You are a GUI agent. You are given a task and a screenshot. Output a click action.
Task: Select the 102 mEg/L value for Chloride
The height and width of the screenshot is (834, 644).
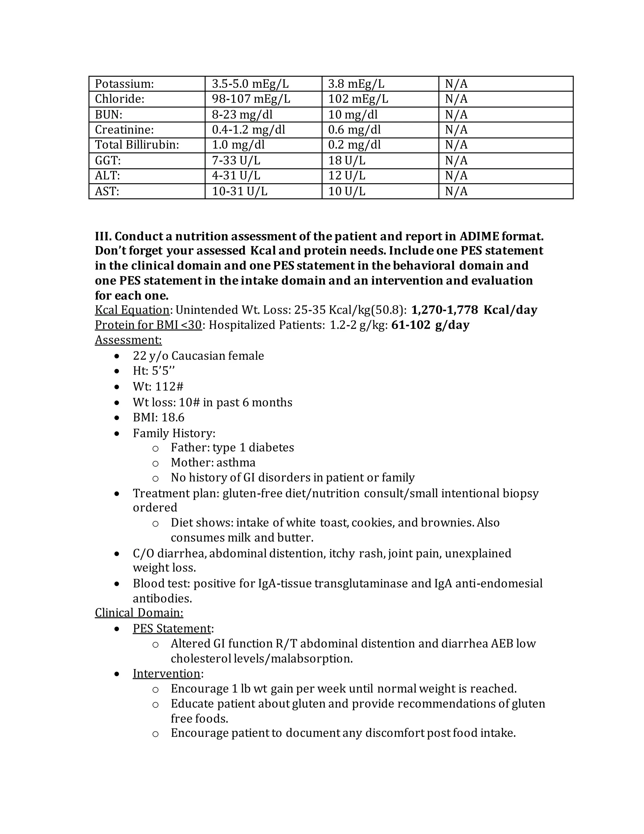358,99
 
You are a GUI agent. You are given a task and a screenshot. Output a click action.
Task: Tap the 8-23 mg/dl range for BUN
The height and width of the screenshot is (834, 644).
242,115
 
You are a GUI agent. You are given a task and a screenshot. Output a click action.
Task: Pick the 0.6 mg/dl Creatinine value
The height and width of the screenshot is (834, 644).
354,130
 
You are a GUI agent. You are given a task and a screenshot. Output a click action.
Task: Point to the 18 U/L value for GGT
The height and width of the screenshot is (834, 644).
347,161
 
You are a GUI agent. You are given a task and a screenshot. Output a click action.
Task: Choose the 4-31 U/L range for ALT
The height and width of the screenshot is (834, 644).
236,176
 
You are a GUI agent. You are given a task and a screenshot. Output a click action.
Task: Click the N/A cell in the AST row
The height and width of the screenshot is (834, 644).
456,191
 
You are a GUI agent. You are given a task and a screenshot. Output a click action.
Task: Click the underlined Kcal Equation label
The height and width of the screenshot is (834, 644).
132,310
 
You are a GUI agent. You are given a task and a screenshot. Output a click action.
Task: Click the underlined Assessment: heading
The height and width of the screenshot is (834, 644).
128,340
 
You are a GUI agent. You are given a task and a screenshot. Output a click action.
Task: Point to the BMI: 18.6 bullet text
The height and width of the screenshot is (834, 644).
158,417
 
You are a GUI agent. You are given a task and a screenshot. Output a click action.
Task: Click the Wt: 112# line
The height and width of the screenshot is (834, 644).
158,386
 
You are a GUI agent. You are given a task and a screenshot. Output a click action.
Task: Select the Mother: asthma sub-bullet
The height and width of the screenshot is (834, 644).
213,462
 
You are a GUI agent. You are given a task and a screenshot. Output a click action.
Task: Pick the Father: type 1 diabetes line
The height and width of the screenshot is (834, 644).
232,447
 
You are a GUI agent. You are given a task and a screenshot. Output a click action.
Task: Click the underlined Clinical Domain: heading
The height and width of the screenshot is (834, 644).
139,612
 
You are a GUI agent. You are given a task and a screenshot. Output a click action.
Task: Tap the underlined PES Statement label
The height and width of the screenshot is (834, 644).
172,628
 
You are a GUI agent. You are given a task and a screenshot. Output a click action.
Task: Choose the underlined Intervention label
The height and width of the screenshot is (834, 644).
166,673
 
